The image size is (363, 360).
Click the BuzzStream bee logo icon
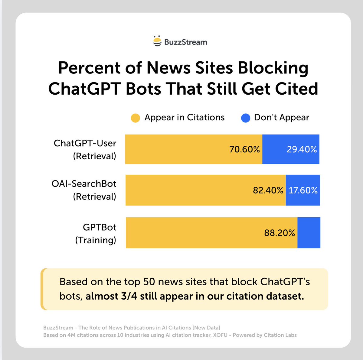(157, 41)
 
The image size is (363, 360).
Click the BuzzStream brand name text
(185, 42)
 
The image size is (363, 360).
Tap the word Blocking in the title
(273, 68)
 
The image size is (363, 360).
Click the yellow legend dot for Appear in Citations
(135, 118)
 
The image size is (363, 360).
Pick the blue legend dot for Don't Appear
(246, 118)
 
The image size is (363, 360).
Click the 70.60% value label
(244, 149)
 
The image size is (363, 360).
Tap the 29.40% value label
(302, 149)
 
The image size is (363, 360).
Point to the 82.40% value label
(268, 190)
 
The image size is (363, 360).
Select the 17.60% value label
(303, 190)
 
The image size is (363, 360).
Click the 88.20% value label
(280, 233)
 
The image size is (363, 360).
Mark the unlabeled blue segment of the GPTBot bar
(309, 233)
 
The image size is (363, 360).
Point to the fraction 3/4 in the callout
(129, 296)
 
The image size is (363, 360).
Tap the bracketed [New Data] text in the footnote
(206, 328)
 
